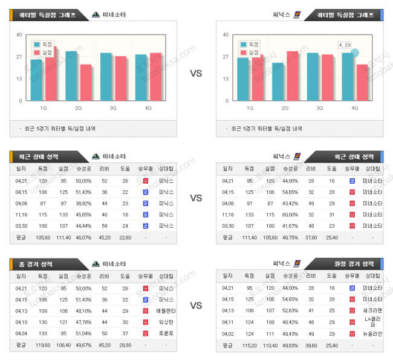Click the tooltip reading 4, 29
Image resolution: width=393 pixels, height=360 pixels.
pos(345,45)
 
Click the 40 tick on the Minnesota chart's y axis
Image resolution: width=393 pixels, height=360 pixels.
pos(21,35)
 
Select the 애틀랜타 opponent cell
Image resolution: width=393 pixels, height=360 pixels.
pos(166,310)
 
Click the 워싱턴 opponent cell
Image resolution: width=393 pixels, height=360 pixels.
pos(166,322)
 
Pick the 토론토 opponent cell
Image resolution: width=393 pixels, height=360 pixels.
pos(166,333)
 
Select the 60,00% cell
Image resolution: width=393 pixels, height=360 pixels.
pos(290,214)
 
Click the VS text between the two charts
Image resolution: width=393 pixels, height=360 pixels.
pos(196,74)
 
